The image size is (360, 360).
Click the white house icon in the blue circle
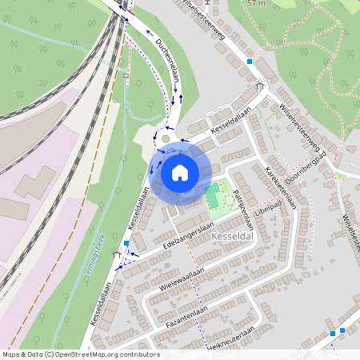(x=180, y=172)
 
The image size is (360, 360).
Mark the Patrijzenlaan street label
(x=246, y=213)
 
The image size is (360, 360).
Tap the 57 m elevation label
(x=256, y=3)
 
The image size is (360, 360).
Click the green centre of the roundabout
(x=166, y=138)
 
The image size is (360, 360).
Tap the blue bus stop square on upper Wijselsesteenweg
(x=250, y=61)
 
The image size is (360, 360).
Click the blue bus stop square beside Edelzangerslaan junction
(x=126, y=243)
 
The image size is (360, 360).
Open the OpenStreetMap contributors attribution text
(x=80, y=354)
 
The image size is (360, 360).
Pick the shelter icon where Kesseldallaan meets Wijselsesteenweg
(x=258, y=84)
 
